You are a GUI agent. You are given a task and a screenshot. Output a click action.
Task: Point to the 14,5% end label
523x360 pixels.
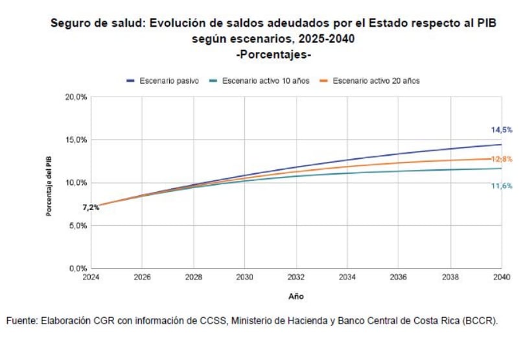click(502, 130)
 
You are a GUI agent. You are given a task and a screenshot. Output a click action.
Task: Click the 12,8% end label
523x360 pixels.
click(502, 159)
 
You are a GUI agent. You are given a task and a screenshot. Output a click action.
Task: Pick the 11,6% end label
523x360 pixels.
click(502, 186)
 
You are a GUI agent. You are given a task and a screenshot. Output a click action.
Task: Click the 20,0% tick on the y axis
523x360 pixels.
click(76, 97)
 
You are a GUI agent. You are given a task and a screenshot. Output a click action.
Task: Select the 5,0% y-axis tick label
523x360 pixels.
click(78, 226)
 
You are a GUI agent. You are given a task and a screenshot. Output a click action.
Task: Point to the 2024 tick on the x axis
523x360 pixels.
click(91, 277)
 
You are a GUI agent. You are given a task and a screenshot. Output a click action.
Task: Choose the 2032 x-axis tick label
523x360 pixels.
click(296, 277)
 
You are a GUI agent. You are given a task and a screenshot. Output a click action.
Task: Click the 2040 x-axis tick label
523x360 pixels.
click(501, 277)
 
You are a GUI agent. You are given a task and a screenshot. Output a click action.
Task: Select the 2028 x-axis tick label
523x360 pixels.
click(193, 277)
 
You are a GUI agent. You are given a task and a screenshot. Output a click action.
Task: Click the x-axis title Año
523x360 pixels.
click(296, 296)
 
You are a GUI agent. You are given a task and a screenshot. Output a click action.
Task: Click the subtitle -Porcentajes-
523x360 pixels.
click(273, 54)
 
